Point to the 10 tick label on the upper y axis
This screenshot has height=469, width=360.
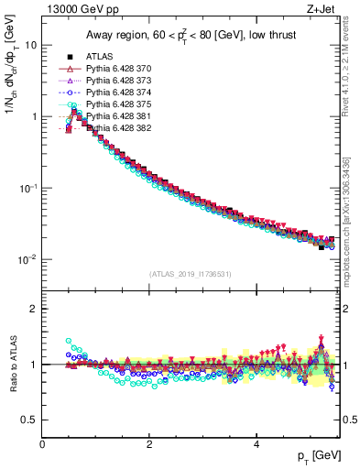(x=31, y=45)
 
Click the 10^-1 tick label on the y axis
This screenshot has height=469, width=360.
(x=27, y=188)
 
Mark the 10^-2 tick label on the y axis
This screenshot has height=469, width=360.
(x=27, y=259)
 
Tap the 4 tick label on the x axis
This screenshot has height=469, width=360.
(x=256, y=442)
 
